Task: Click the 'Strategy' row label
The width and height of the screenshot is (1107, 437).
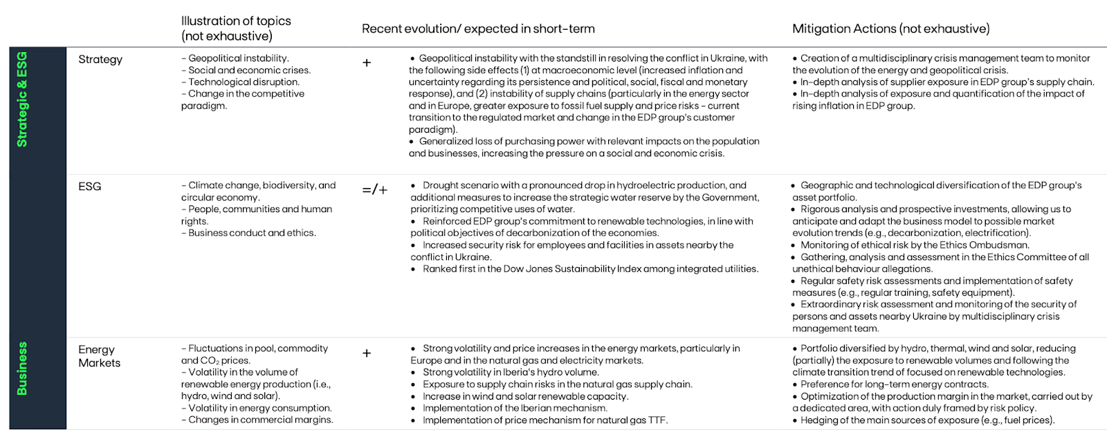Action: tap(100, 59)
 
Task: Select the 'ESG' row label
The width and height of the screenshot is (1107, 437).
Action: tap(90, 187)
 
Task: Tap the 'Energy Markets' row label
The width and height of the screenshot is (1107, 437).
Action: tap(99, 356)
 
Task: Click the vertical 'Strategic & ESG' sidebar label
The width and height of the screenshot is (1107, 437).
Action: tap(22, 99)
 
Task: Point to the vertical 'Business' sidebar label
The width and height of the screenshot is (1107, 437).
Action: tap(22, 369)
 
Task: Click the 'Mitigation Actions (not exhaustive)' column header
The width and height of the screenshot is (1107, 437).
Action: tap(890, 28)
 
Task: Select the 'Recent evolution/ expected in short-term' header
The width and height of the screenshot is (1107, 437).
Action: tap(478, 28)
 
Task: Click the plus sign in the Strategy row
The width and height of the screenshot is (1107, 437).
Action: tap(367, 63)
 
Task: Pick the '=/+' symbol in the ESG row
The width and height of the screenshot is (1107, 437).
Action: tap(375, 189)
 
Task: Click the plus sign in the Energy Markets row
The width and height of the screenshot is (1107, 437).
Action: tap(367, 353)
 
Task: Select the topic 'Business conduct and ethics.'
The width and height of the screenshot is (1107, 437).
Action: tap(252, 233)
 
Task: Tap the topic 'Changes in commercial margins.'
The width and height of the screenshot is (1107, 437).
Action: tap(260, 420)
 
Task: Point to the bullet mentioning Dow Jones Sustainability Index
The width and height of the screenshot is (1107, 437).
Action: tap(590, 269)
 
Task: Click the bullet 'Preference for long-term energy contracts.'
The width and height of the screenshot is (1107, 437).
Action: tap(894, 384)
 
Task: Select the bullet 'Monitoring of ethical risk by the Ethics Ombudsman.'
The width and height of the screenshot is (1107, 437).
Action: tap(915, 245)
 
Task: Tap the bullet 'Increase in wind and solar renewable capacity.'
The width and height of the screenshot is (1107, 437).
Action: tap(525, 396)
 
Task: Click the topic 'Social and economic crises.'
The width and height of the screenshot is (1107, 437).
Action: tap(249, 70)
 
